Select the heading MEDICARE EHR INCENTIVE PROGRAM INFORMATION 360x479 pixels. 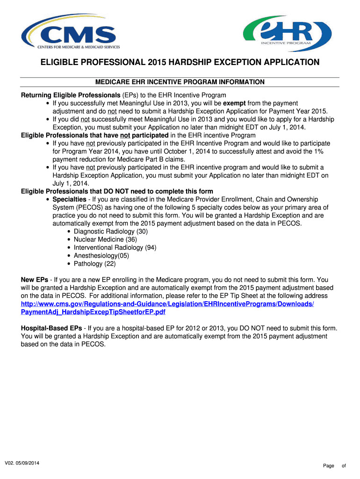180,82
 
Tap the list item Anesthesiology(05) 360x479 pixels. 101,255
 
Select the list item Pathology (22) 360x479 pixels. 94,263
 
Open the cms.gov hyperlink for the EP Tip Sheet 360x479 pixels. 167,304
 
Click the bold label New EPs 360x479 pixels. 34,280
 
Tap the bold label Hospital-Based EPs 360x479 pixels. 51,328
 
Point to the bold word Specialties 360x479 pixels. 69,199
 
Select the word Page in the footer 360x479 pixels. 328,466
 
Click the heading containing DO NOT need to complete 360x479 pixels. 117,191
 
